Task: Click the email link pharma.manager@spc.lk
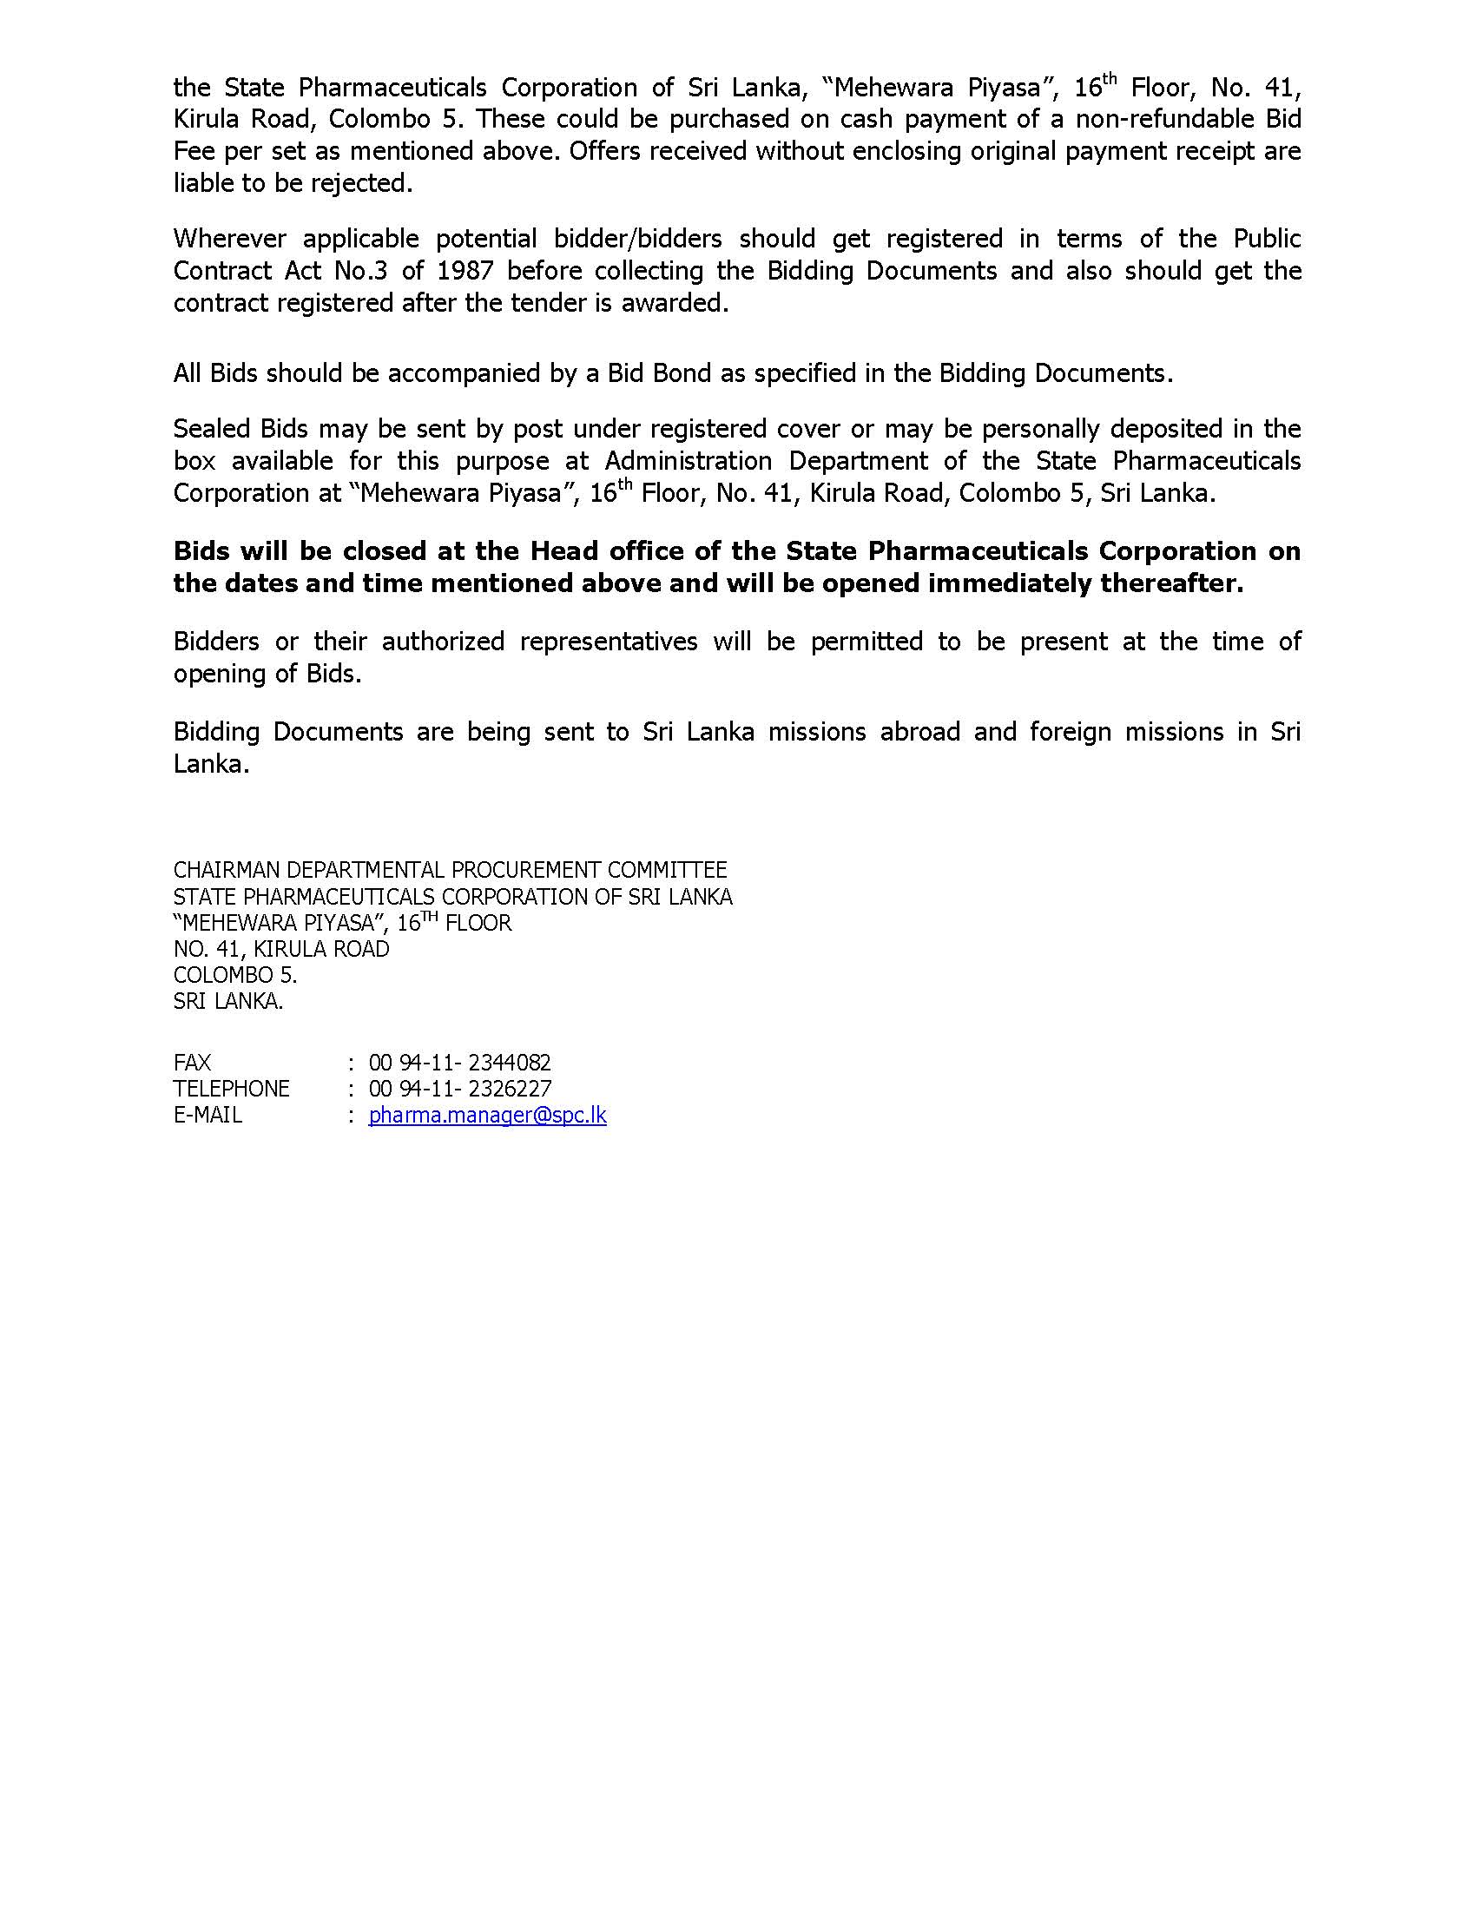pos(487,1115)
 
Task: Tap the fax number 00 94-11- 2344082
pos(460,1063)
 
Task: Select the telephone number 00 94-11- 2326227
pos(460,1089)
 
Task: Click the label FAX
pos(193,1063)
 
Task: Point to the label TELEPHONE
pos(232,1089)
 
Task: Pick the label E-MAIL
pos(208,1115)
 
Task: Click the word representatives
pos(609,641)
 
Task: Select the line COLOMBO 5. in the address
pos(235,975)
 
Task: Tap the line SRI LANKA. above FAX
pos(228,1001)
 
